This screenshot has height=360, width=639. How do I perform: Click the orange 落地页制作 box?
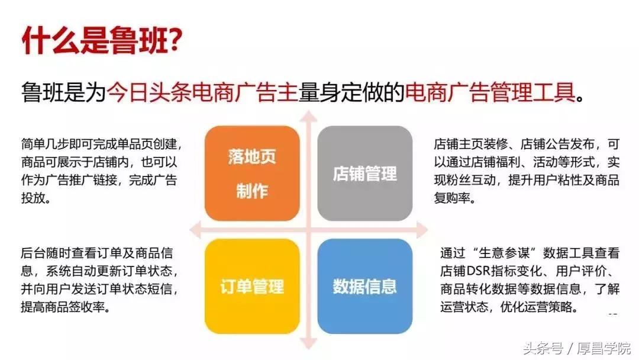pos(252,173)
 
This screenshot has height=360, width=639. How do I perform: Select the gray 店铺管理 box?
pos(364,173)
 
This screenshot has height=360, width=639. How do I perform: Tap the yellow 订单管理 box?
pos(252,287)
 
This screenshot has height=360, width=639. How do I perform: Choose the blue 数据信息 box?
pos(364,287)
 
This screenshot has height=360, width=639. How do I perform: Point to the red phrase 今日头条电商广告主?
pos(202,92)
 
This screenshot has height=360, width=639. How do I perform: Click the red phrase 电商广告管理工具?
pos(490,92)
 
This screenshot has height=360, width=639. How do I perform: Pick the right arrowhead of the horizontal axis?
pos(421,229)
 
